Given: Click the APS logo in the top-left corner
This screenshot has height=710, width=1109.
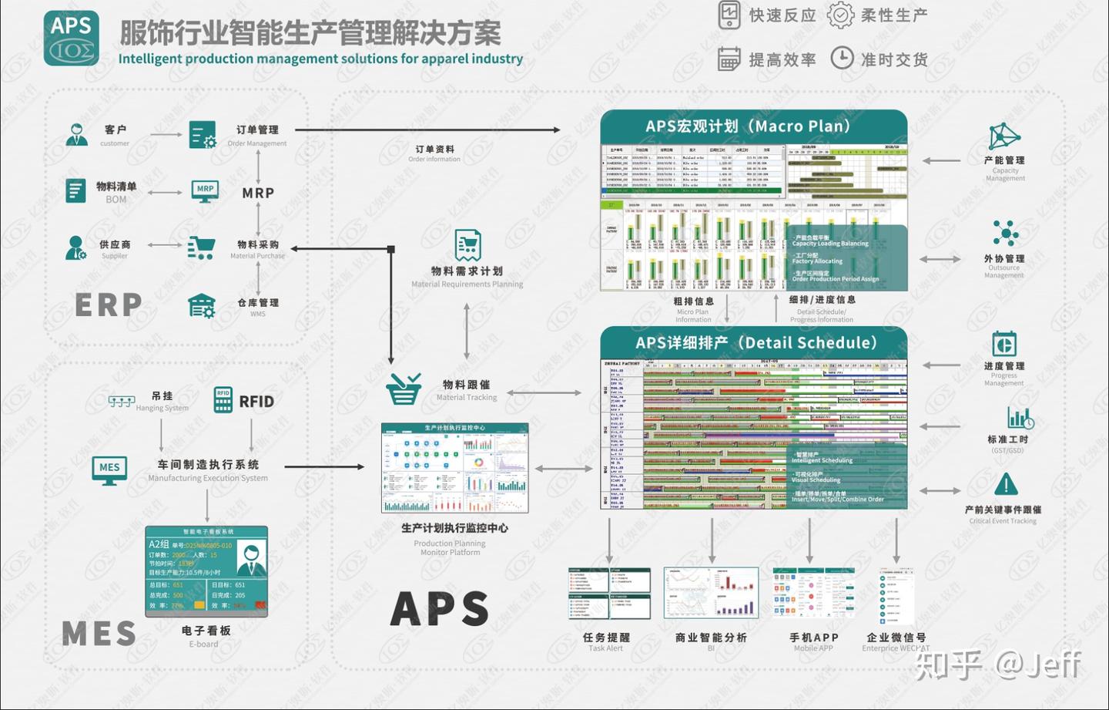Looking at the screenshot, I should [x=71, y=38].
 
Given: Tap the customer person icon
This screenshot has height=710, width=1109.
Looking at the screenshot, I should [x=76, y=135].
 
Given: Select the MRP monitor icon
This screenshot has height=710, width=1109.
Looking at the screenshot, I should [x=205, y=190].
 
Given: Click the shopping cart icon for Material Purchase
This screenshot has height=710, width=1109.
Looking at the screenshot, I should [x=201, y=247].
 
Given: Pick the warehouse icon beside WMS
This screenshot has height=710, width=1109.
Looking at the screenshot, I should [x=202, y=306].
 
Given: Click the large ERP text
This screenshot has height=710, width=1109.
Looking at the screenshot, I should [x=109, y=305].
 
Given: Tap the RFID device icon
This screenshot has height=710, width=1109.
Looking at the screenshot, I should [x=223, y=400].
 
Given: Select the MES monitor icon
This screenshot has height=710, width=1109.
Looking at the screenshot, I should [x=109, y=469].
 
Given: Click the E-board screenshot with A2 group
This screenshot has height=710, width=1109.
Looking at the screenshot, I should [x=206, y=570].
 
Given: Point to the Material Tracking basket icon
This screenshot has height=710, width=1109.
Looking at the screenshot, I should [x=404, y=389].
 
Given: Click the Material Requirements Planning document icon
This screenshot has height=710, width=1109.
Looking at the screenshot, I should [x=467, y=245].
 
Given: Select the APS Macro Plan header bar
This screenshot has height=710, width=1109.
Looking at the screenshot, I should [x=753, y=126].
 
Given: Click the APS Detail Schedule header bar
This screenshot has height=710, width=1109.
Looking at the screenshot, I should [x=753, y=343].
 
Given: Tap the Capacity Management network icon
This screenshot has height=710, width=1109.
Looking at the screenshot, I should [x=1004, y=137].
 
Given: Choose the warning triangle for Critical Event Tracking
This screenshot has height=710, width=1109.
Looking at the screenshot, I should [x=1005, y=485].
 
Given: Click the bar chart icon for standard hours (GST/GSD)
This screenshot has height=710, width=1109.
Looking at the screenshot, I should [x=1020, y=418].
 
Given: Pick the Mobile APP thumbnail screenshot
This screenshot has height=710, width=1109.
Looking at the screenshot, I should [x=813, y=593].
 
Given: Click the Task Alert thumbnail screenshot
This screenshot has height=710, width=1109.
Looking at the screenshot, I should [x=608, y=594].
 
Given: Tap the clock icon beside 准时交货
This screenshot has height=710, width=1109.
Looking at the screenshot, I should [x=842, y=58].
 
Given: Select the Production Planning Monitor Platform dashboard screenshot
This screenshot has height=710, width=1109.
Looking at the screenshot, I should [x=454, y=468].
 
